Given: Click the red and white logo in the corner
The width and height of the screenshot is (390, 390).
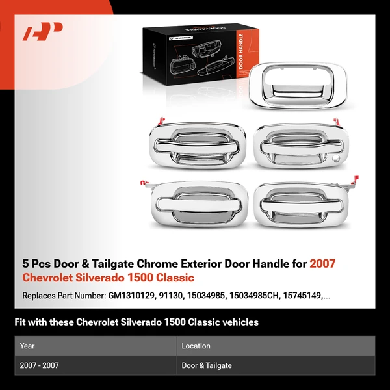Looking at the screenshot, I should pyautogui.click(x=43, y=32).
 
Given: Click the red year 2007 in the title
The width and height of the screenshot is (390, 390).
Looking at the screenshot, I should pyautogui.click(x=322, y=264).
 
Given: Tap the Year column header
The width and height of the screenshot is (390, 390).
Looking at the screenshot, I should pyautogui.click(x=27, y=346).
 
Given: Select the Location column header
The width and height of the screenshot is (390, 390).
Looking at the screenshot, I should pyautogui.click(x=196, y=346).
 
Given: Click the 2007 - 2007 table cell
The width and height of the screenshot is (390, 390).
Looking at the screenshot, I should pyautogui.click(x=40, y=365).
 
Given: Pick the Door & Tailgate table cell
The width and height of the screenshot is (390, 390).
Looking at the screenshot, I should pyautogui.click(x=207, y=365).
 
